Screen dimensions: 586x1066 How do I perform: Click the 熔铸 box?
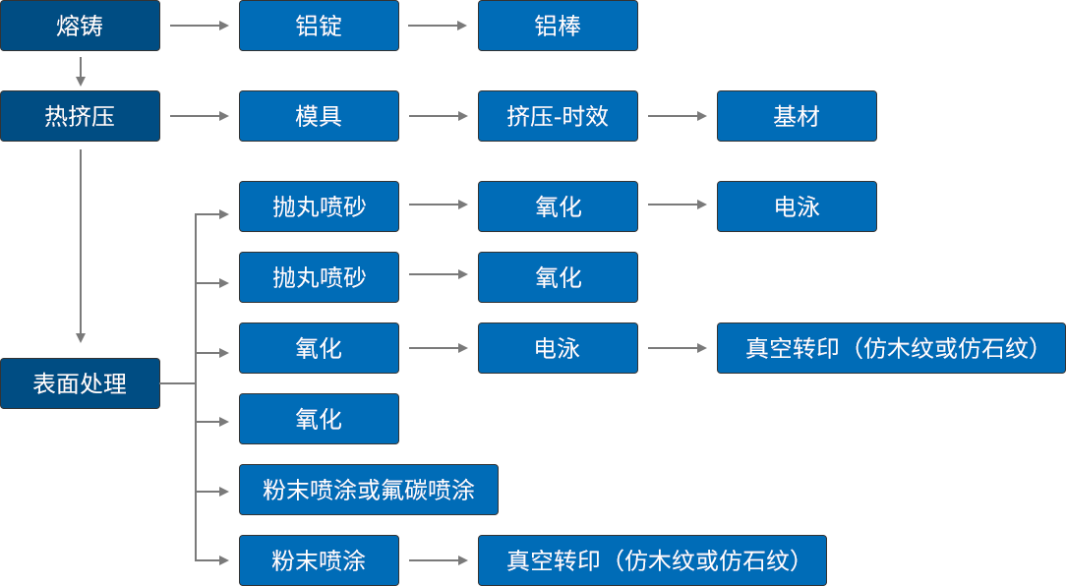click(x=80, y=26)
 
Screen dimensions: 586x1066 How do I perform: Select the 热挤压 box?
click(x=80, y=116)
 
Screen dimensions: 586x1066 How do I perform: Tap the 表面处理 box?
click(x=80, y=383)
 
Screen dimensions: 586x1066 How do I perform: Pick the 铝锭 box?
click(x=319, y=26)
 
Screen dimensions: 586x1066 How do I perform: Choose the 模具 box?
click(x=319, y=116)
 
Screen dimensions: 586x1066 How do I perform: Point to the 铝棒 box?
click(x=558, y=26)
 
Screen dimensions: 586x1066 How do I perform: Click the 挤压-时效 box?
click(x=558, y=116)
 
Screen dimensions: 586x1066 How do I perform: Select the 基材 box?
click(x=797, y=116)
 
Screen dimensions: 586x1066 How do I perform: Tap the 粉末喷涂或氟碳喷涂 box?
click(x=369, y=490)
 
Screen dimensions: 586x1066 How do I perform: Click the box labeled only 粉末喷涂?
click(x=319, y=560)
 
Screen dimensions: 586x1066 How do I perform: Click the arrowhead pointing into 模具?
click(x=225, y=116)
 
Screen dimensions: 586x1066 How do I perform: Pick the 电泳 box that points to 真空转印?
click(x=558, y=348)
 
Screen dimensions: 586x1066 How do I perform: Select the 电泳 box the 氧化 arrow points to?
click(x=797, y=206)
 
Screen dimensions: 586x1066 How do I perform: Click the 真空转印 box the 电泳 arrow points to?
click(x=891, y=348)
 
